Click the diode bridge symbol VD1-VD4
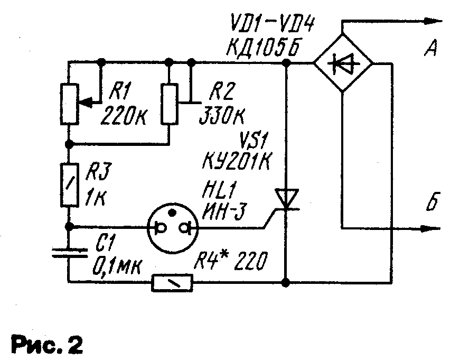[x=343, y=63]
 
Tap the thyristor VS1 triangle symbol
[x=285, y=199]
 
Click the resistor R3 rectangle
[x=69, y=185]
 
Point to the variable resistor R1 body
[x=69, y=103]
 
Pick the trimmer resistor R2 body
[x=170, y=103]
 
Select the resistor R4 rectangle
[x=173, y=283]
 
